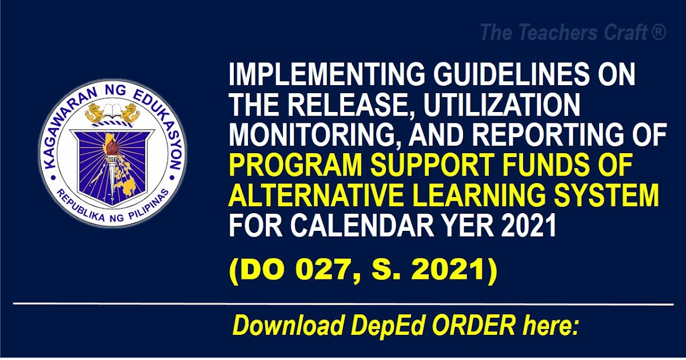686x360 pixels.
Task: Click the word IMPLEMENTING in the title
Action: click(327, 75)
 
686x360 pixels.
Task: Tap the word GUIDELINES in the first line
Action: click(510, 75)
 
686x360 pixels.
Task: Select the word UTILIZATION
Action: click(502, 105)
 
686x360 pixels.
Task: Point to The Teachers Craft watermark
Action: click(573, 33)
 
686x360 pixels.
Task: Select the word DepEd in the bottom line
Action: click(386, 327)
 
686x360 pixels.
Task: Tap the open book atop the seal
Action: click(111, 110)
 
